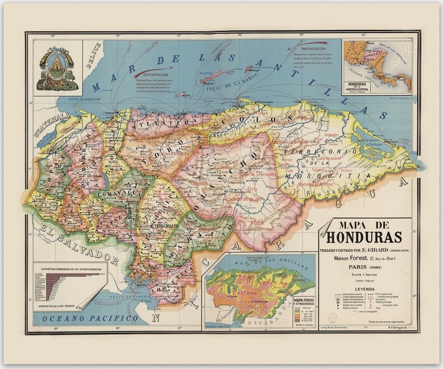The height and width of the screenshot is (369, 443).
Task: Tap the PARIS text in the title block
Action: (354, 266)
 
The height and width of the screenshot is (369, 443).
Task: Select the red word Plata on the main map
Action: (257, 222)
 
